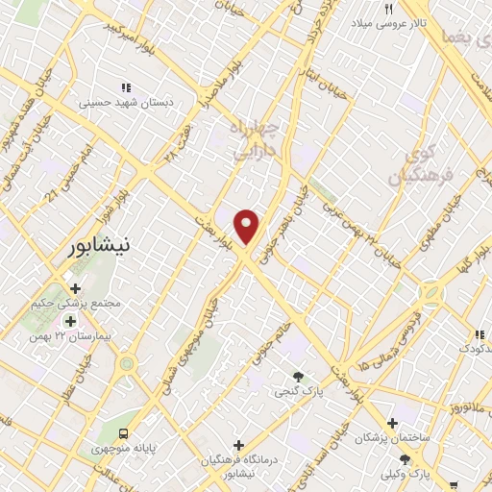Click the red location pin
pos(248,227)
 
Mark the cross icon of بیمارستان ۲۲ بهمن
pos(69,320)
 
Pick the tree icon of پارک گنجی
pos(297,376)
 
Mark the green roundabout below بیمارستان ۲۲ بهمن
pos(126,364)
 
